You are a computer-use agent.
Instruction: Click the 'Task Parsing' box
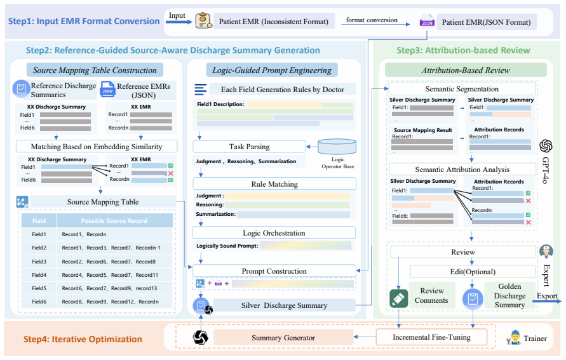click(x=250, y=147)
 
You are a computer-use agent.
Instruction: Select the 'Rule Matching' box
click(x=274, y=183)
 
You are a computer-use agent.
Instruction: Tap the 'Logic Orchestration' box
click(x=274, y=232)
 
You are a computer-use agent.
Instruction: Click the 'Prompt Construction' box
click(x=274, y=271)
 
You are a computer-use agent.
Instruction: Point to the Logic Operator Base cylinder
click(x=337, y=147)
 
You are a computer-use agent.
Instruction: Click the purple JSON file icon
click(x=427, y=22)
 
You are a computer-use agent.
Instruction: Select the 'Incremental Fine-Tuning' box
click(x=431, y=337)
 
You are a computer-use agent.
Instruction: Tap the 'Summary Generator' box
click(x=283, y=338)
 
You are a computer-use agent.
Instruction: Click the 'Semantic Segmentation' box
click(x=462, y=89)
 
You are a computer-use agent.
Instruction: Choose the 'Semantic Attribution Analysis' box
click(x=462, y=169)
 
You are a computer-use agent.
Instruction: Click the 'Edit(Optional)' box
click(x=473, y=272)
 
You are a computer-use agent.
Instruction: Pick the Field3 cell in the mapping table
click(x=39, y=262)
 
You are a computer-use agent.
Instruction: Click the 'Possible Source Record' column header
click(x=114, y=220)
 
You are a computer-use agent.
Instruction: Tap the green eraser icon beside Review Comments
click(x=399, y=298)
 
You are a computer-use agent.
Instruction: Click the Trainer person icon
click(x=513, y=338)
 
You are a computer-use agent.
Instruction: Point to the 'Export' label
click(x=547, y=296)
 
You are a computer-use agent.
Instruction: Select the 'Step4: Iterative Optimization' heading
click(x=83, y=339)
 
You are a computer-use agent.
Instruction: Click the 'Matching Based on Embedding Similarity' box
click(x=97, y=147)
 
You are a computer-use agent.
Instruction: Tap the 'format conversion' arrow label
click(x=372, y=20)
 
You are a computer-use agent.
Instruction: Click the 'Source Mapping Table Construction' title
click(x=95, y=70)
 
